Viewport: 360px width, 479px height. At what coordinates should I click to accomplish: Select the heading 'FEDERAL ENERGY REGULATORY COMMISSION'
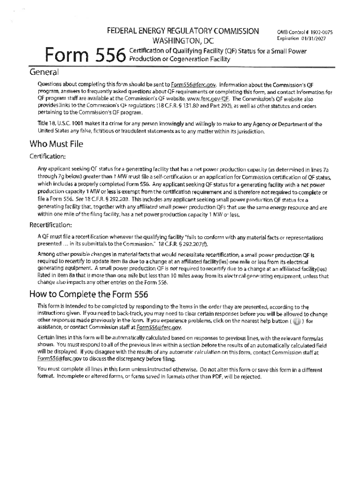(x=183, y=31)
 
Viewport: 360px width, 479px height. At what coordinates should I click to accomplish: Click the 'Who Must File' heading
(x=56, y=144)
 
